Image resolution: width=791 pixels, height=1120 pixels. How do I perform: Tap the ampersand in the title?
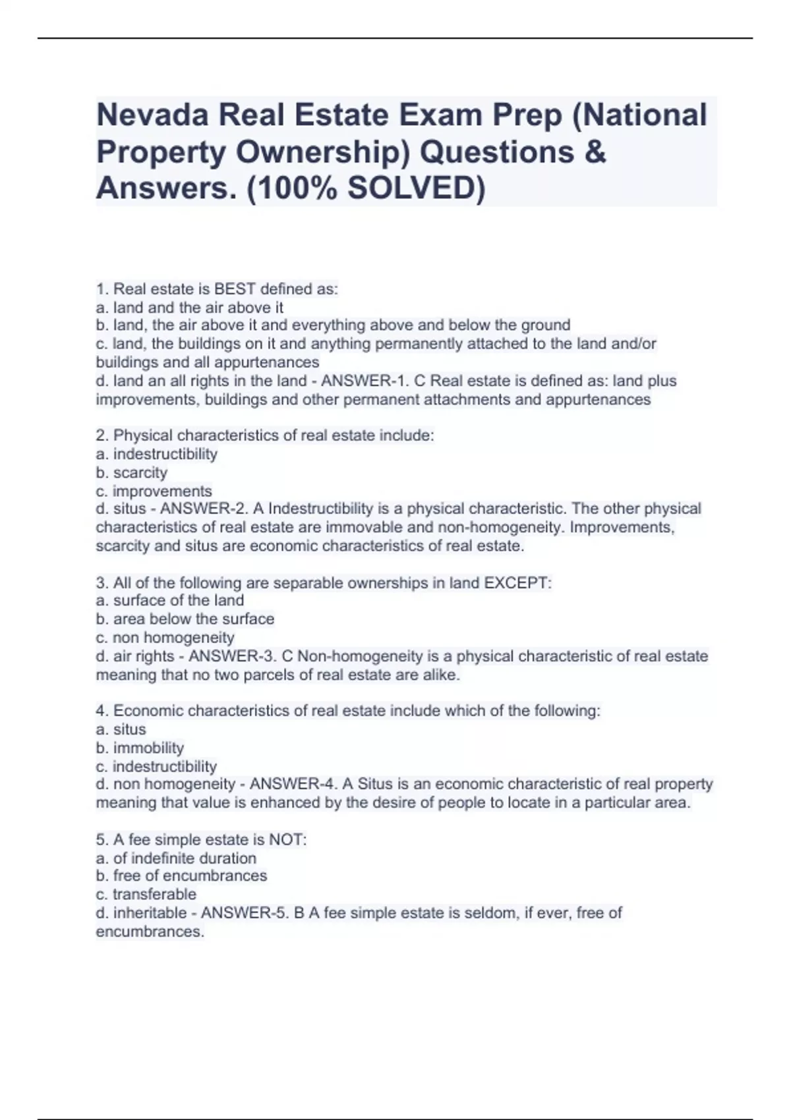[595, 152]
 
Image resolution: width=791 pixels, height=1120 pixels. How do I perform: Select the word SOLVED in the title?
[410, 189]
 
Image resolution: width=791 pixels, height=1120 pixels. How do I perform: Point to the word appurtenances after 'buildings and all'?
[273, 362]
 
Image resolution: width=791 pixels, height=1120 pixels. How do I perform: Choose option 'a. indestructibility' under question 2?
[156, 454]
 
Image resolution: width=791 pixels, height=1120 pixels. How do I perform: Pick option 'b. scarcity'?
[131, 472]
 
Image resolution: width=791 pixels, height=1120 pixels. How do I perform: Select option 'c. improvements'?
[154, 491]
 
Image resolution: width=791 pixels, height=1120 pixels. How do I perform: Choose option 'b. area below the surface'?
[185, 619]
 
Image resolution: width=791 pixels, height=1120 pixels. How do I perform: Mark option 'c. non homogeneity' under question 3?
[165, 637]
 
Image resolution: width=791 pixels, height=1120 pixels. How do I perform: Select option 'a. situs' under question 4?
[121, 729]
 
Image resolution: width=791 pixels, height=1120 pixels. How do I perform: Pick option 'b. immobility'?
[140, 748]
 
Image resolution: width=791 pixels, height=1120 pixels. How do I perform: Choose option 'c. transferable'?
[146, 894]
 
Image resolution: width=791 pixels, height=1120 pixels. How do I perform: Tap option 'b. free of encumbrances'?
[181, 876]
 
